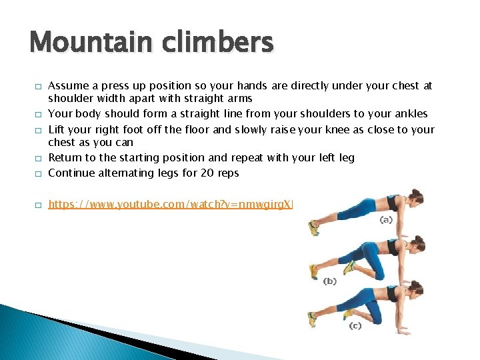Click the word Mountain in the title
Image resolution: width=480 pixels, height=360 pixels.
(82, 43)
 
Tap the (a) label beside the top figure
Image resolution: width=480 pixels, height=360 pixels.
(385, 219)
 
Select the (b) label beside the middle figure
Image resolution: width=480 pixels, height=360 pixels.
(330, 281)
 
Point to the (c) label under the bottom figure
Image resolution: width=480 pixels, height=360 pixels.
(357, 325)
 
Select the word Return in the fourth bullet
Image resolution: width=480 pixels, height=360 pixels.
(65, 158)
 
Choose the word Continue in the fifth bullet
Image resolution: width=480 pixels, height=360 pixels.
(72, 173)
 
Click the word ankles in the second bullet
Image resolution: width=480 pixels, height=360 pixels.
(411, 114)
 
